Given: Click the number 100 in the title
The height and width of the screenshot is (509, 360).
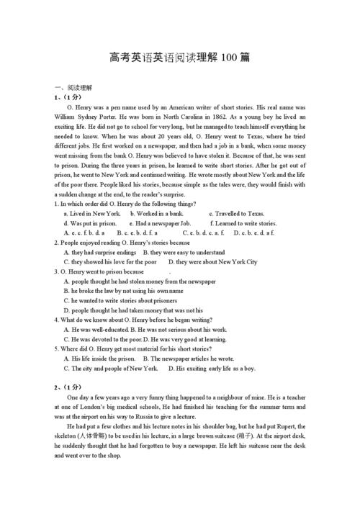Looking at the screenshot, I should click(x=230, y=58).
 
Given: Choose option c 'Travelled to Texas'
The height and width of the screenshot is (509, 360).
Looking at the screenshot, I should click(x=236, y=214).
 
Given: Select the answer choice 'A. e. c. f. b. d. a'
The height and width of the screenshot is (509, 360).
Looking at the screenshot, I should click(x=84, y=233).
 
